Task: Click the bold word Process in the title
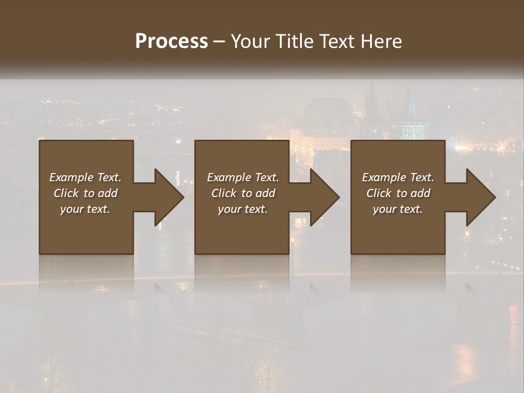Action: coord(171,41)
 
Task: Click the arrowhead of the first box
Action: coord(167,197)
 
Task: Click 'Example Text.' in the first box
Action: coord(85,177)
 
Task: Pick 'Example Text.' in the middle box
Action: coord(243,177)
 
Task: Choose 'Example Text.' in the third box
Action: coord(398,177)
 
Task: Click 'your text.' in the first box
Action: coord(85,209)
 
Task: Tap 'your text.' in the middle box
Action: coord(243,209)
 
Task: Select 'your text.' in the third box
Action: coord(398,209)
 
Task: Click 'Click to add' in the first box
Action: coord(85,193)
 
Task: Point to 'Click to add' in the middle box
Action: coord(243,193)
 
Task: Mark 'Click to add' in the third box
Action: coord(398,193)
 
